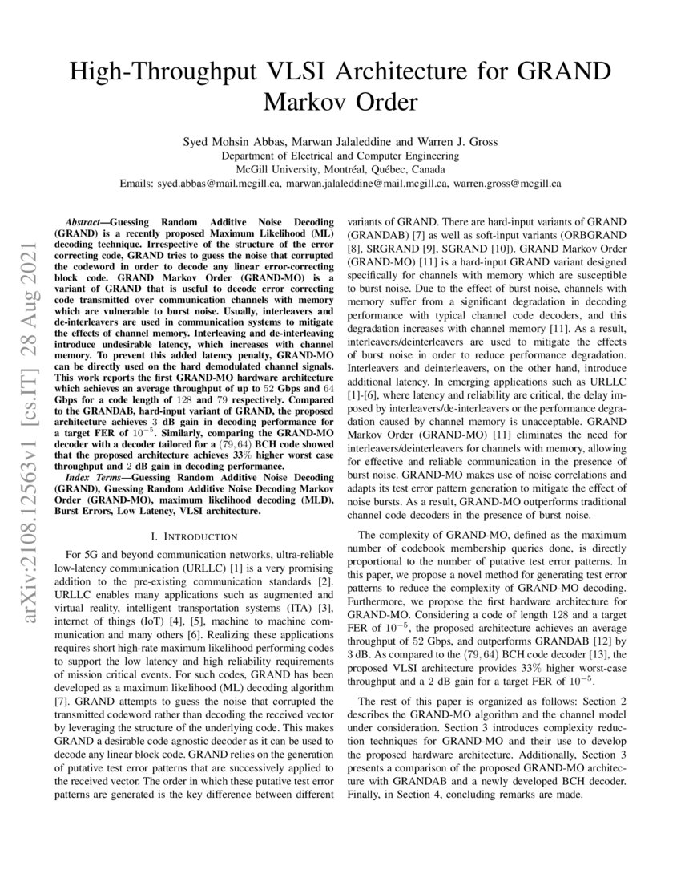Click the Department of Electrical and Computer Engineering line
340,156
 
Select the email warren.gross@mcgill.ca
507,183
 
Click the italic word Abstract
84,219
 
